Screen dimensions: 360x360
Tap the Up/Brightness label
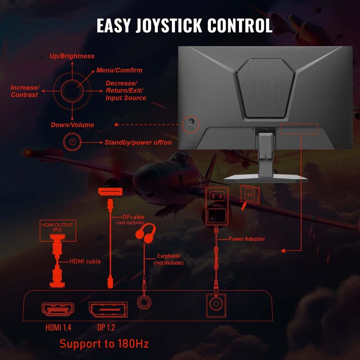[x=72, y=56]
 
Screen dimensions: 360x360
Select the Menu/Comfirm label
[x=119, y=71]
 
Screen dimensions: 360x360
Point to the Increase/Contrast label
[x=25, y=91]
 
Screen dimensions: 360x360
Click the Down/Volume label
[x=72, y=125]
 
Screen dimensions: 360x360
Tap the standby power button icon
[x=72, y=142]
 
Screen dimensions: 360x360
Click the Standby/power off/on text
[x=138, y=142]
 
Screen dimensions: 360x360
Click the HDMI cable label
[x=85, y=261]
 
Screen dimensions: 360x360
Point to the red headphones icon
[x=146, y=235]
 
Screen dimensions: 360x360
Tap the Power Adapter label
[x=247, y=239]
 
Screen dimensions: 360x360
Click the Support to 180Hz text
[x=104, y=344]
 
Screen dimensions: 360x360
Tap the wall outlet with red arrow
[x=249, y=194]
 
